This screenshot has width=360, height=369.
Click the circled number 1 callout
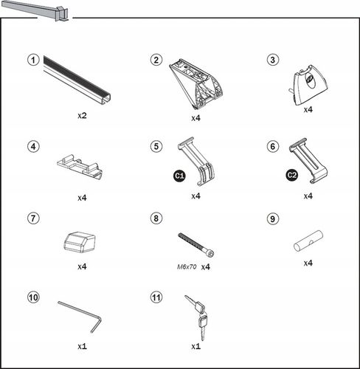tap(33, 60)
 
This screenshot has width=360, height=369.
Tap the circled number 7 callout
tap(33, 218)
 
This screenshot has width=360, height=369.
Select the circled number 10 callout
tap(33, 297)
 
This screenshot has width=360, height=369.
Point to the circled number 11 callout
tap(156, 297)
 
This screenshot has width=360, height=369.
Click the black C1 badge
tap(180, 176)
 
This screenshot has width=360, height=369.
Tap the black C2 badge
tap(292, 175)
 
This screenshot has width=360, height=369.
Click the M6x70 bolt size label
tap(187, 266)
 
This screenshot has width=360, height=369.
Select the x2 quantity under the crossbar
tap(82, 115)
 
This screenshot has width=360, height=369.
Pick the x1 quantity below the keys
tap(195, 346)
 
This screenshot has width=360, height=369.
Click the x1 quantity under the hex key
tap(82, 346)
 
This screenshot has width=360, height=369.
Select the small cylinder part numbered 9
tap(308, 241)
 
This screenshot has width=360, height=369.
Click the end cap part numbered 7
tap(80, 242)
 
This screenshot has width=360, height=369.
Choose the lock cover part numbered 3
tap(309, 85)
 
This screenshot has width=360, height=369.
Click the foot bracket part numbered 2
tap(196, 83)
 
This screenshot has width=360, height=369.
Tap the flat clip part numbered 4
tap(80, 167)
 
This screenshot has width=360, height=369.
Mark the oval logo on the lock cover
tap(311, 80)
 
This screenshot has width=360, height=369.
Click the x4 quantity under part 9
tap(308, 263)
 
